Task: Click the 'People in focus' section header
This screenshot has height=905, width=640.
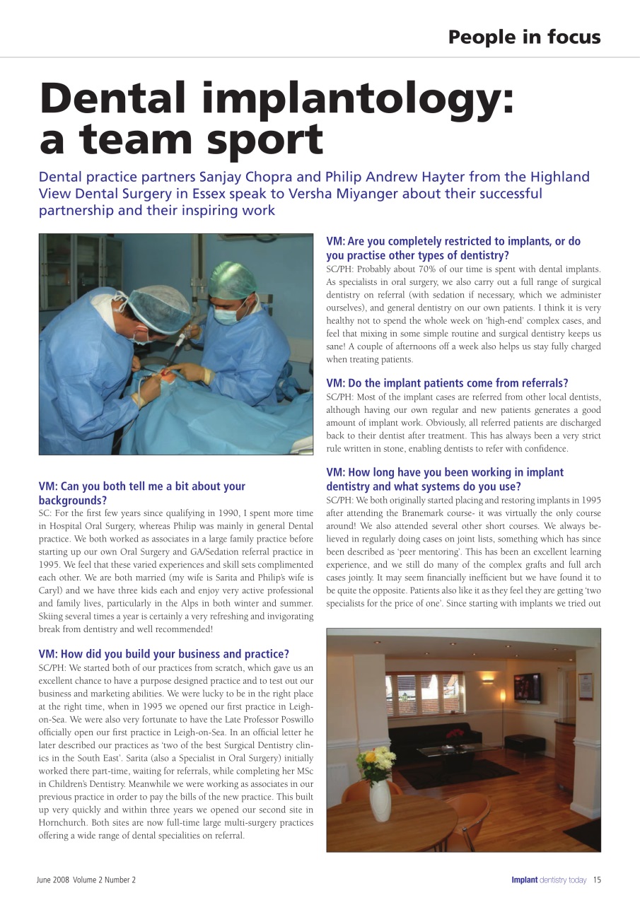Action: pyautogui.click(x=524, y=37)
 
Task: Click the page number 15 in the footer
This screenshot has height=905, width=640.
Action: pyautogui.click(x=597, y=880)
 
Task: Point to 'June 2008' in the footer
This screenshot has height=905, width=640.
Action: pyautogui.click(x=54, y=880)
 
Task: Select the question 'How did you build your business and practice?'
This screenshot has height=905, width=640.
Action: pyautogui.click(x=163, y=654)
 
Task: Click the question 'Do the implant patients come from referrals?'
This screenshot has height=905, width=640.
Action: pyautogui.click(x=447, y=383)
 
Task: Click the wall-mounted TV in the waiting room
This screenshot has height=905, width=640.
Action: pyautogui.click(x=528, y=689)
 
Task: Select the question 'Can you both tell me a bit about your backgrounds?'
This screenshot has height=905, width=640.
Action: pyautogui.click(x=142, y=493)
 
